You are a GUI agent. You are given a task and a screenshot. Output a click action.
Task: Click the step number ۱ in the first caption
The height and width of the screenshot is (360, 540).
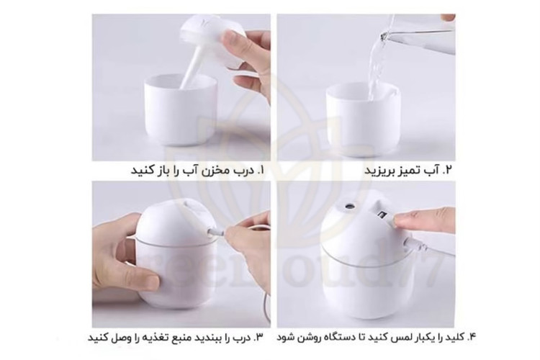coord(260,170)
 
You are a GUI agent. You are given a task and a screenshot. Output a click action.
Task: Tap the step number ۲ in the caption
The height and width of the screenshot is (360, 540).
coord(447,170)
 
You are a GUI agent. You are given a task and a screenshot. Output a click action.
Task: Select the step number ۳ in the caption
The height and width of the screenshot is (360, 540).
coord(258,337)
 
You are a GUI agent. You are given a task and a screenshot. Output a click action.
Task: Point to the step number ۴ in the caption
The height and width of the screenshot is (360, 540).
coord(471,337)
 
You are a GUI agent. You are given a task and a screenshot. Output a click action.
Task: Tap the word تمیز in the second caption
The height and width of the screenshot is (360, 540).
coord(410,170)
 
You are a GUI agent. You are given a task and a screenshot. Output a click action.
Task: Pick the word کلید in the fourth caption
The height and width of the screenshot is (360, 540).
coord(454,337)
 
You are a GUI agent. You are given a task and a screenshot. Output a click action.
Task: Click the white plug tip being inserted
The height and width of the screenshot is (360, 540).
coord(215,232)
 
